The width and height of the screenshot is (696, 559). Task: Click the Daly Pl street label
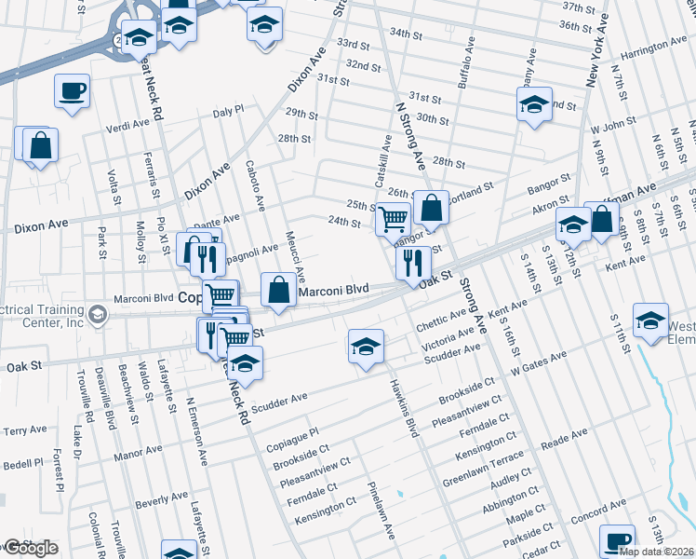tap(227, 110)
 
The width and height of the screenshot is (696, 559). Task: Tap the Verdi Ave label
tap(128, 125)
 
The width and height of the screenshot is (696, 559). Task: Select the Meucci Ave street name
tap(296, 257)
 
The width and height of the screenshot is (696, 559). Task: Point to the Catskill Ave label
tap(382, 158)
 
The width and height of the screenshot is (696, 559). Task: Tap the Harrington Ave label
tap(655, 47)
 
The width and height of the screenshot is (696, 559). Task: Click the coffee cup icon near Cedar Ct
tap(616, 540)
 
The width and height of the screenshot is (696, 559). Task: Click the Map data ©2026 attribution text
tap(656, 552)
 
